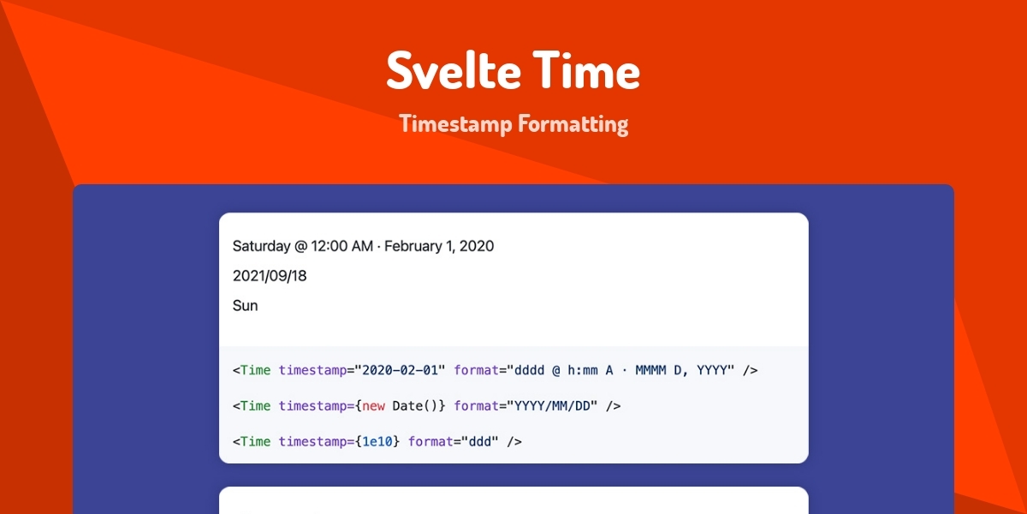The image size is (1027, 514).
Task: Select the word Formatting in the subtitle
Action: (x=573, y=124)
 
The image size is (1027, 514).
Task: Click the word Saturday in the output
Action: (x=261, y=247)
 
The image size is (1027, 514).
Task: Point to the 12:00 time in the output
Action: (x=330, y=247)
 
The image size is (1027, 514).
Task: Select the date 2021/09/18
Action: (x=270, y=276)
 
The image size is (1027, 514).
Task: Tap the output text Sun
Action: (x=245, y=306)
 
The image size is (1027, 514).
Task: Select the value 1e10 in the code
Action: (x=377, y=442)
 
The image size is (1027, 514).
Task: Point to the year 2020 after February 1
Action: (x=477, y=247)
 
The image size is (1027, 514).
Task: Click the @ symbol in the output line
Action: (x=300, y=247)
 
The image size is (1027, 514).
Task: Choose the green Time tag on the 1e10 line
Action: (x=255, y=442)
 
